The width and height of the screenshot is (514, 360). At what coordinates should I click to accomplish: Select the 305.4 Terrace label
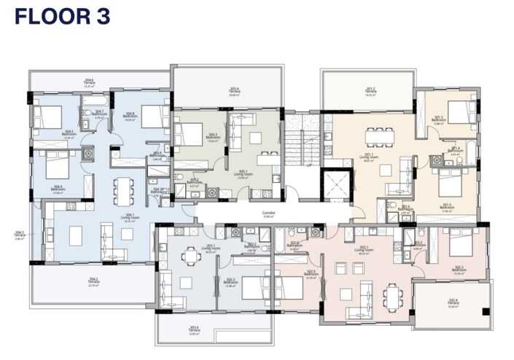(235, 93)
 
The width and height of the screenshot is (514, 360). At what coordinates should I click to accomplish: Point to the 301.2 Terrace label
(370, 93)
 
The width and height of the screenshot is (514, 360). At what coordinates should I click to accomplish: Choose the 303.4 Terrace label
(214, 334)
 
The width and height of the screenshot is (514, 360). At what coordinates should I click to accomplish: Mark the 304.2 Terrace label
(93, 281)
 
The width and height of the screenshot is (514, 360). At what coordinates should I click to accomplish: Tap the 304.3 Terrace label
(20, 235)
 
